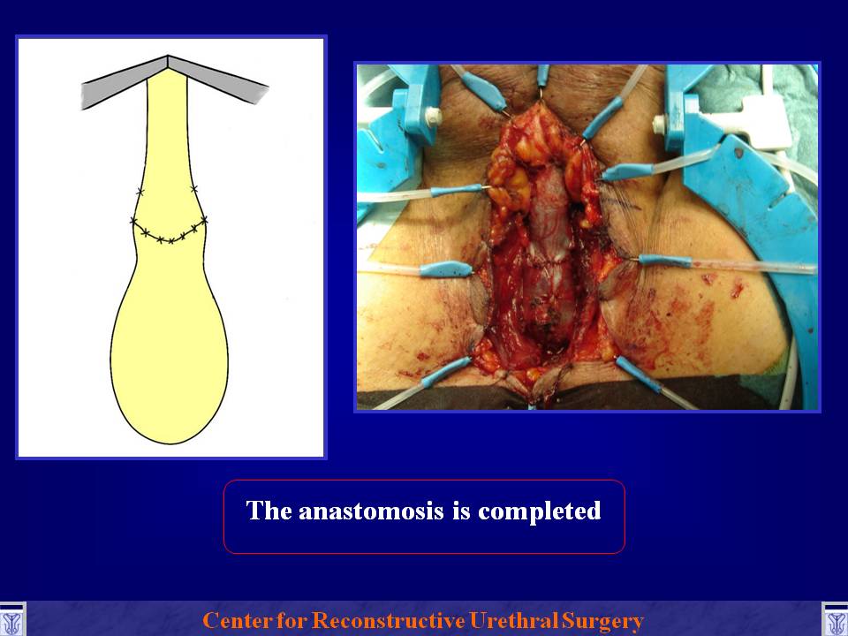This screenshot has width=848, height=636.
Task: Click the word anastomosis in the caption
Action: (371, 511)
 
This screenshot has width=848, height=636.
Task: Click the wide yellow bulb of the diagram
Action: (170, 346)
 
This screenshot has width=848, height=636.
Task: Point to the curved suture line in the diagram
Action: (169, 233)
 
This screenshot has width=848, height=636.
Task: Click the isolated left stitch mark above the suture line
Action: (140, 191)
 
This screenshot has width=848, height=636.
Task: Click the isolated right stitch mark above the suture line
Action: (193, 189)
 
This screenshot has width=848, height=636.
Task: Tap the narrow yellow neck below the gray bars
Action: (168, 135)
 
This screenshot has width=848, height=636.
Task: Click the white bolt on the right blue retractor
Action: (660, 125)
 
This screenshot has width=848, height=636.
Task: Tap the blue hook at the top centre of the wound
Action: (542, 76)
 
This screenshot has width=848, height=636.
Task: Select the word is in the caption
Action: (461, 511)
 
